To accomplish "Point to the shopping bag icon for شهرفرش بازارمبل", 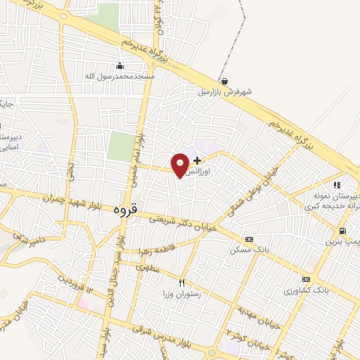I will [224, 81].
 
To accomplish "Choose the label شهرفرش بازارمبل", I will [224, 91].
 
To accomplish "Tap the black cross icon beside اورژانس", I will [197, 160].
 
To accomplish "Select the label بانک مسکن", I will [247, 250].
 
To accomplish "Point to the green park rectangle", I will [120, 146].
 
